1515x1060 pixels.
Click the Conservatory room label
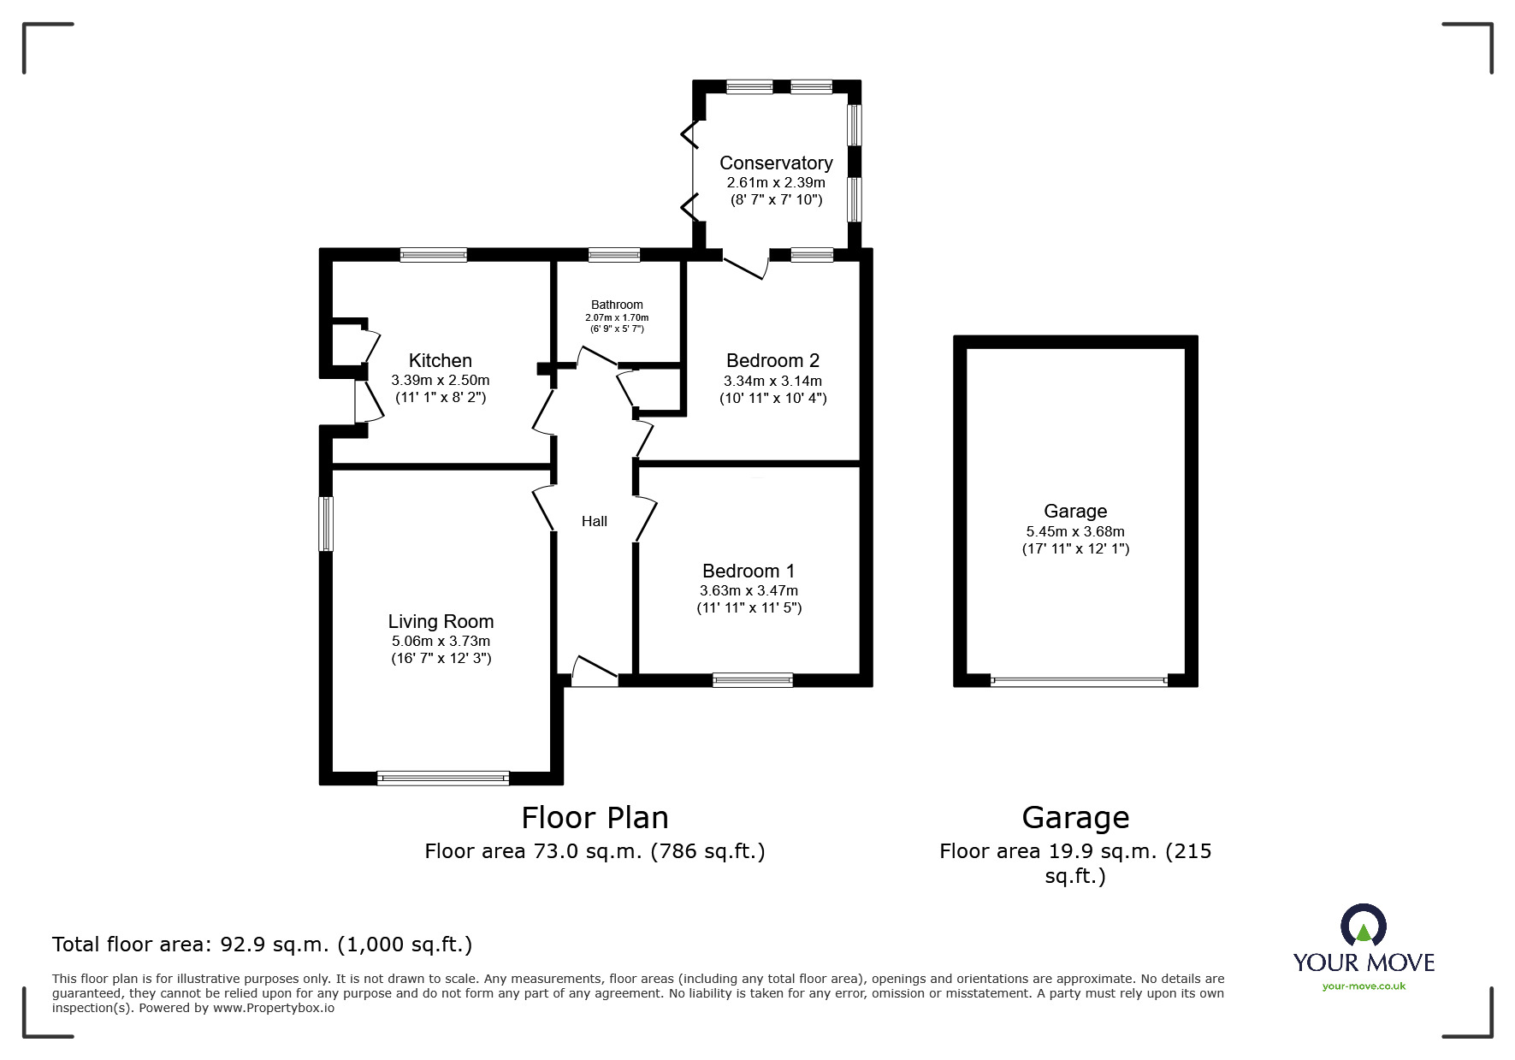(776, 163)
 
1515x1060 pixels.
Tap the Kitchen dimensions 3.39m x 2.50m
(440, 380)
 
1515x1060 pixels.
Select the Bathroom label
(617, 305)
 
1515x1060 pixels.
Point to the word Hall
(594, 521)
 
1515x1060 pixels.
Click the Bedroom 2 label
(772, 360)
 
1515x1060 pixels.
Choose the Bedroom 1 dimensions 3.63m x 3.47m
(749, 590)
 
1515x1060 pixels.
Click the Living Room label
(441, 621)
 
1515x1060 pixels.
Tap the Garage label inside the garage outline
(1075, 511)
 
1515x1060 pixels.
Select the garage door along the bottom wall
(1078, 682)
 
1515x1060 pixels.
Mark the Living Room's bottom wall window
(443, 778)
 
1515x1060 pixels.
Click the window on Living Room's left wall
(326, 524)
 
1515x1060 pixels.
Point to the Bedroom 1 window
(753, 680)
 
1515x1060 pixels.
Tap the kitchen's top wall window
(434, 254)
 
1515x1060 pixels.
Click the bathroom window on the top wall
(614, 254)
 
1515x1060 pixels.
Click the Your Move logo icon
(1363, 926)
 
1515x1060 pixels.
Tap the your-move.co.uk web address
(1364, 986)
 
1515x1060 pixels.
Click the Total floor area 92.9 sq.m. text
(262, 945)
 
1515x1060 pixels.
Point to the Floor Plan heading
(595, 818)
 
